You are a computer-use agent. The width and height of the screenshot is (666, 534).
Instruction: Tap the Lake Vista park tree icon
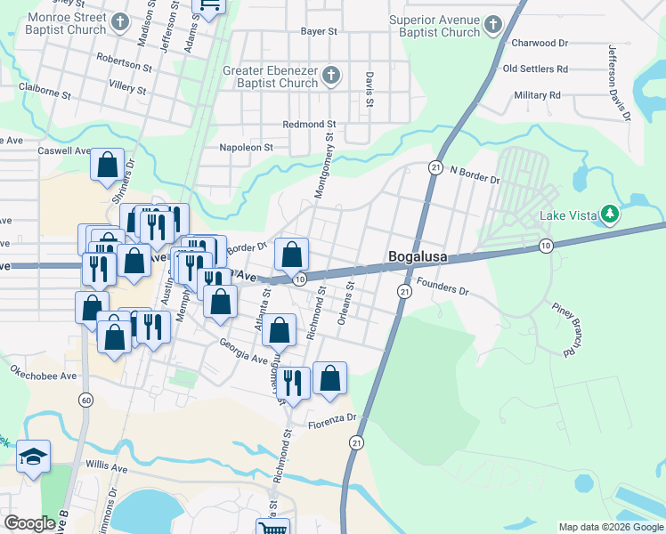[610, 214]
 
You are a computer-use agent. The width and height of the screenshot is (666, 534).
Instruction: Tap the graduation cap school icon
[34, 457]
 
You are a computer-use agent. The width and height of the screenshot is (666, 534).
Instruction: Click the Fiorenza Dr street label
[333, 417]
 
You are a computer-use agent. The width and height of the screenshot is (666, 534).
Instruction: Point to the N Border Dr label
[475, 174]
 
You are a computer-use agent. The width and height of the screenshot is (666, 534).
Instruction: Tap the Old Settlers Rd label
[535, 69]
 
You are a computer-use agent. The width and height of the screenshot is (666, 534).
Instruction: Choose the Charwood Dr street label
[539, 43]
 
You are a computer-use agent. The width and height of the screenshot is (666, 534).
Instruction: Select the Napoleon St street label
[246, 149]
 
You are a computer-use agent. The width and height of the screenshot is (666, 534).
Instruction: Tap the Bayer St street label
[319, 31]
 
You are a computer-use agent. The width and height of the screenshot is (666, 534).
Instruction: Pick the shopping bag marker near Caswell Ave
[108, 166]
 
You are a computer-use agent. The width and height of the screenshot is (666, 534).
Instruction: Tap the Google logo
[30, 523]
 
